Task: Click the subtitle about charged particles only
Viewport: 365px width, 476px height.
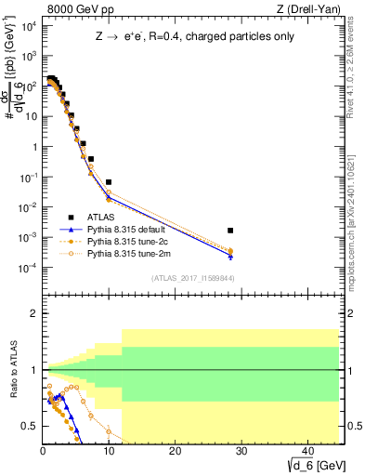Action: (191, 37)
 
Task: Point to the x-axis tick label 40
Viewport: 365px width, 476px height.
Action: (306, 452)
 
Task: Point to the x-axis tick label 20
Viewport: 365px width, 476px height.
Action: (175, 452)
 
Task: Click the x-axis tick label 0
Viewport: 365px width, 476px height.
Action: (43, 452)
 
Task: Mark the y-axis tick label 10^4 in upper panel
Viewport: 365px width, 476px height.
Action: (29, 26)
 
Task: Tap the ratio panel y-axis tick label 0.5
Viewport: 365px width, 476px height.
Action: (30, 426)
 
